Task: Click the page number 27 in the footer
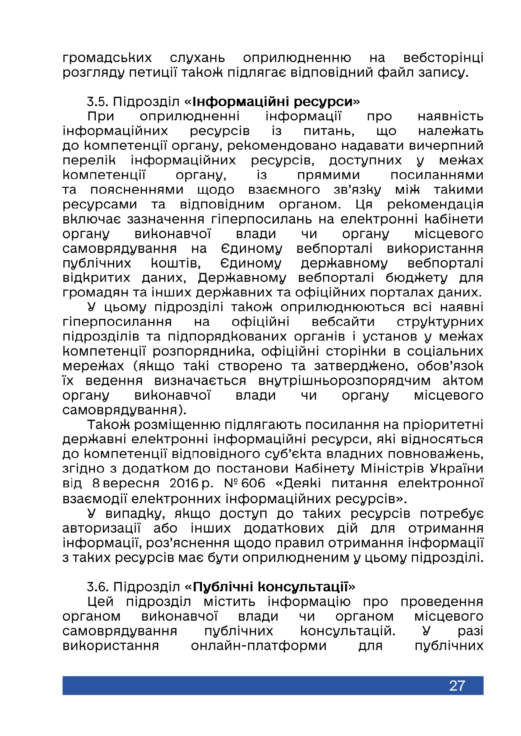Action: click(457, 685)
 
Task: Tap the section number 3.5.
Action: click(98, 102)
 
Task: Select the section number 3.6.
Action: click(98, 587)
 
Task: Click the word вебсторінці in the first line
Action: click(443, 57)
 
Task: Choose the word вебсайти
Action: click(343, 322)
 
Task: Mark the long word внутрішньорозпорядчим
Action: click(344, 380)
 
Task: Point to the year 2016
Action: click(184, 483)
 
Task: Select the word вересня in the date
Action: click(131, 483)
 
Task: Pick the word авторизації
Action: click(101, 528)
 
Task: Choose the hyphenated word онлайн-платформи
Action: click(259, 645)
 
